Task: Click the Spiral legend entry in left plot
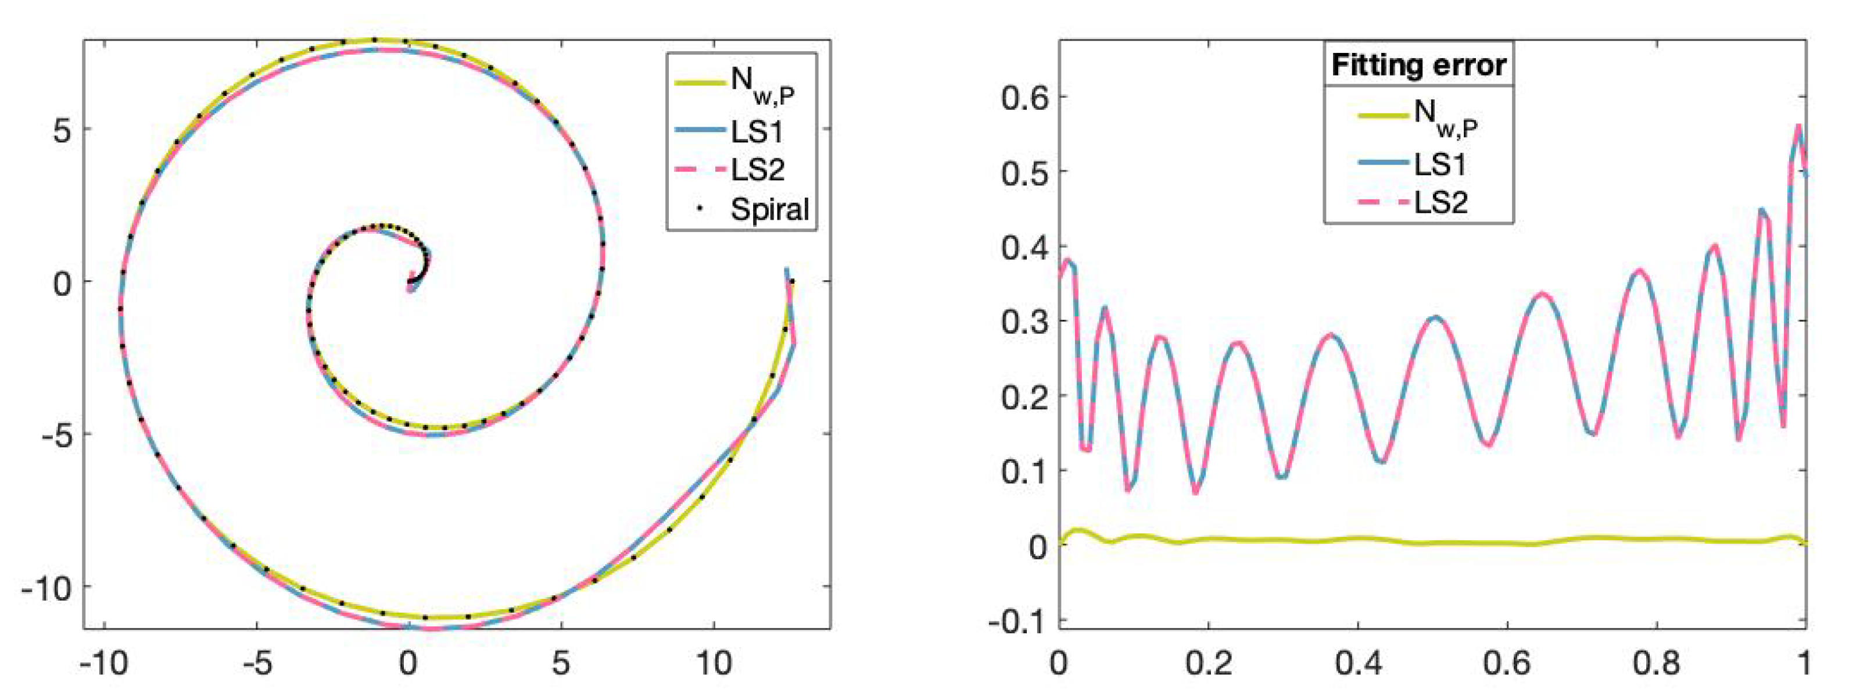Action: [x=769, y=210]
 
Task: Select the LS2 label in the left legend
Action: [x=758, y=170]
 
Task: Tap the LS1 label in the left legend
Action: [x=757, y=132]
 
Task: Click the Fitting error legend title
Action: [x=1418, y=65]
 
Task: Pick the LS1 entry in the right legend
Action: [x=1440, y=165]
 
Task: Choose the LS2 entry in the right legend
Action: [x=1440, y=202]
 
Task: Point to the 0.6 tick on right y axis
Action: [x=1024, y=97]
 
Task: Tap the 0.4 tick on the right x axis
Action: [x=1358, y=663]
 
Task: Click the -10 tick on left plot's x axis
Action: [x=105, y=663]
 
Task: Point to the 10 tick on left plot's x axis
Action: [x=714, y=663]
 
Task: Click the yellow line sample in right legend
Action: [x=1382, y=115]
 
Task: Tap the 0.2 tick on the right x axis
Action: [x=1209, y=663]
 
